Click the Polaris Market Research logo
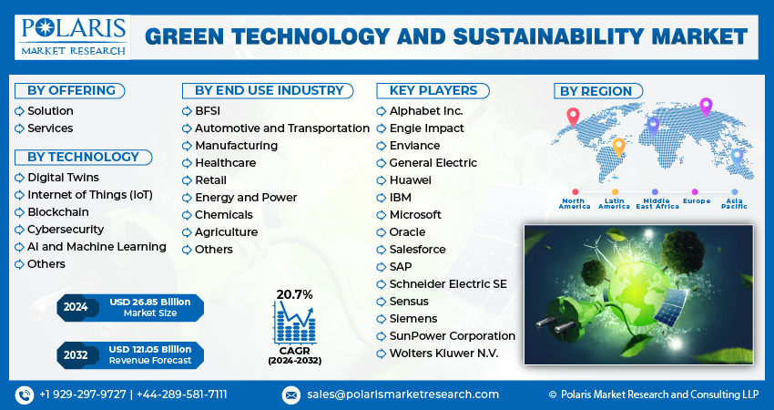click(73, 36)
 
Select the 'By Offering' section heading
click(71, 90)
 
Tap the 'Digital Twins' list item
click(63, 177)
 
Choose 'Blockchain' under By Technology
click(57, 211)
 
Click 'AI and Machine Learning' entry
click(97, 246)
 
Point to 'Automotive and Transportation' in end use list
click(281, 128)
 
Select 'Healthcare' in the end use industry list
click(225, 163)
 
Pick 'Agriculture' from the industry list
click(226, 232)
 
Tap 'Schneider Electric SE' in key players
click(447, 284)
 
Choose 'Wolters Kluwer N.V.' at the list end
click(443, 353)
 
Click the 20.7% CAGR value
click(294, 294)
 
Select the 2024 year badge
click(76, 307)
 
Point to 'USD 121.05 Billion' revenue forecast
click(149, 349)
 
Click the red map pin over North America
click(573, 117)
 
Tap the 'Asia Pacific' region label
click(734, 204)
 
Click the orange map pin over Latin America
click(618, 147)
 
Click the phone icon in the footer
click(24, 395)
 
